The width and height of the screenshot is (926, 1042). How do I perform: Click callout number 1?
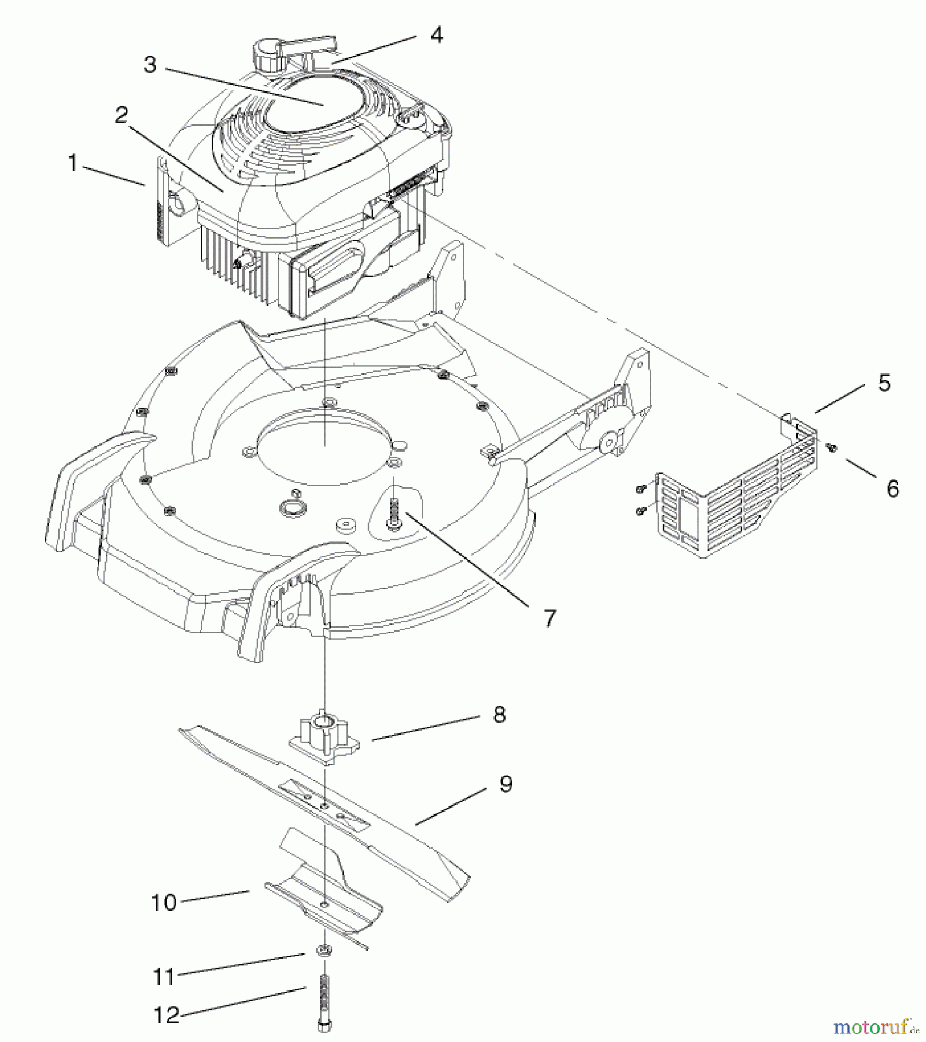pos(72,164)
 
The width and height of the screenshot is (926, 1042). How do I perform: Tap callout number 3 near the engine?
pos(150,65)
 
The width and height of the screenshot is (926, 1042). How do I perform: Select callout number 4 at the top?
pos(437,35)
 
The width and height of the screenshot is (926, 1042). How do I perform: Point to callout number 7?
pos(549,618)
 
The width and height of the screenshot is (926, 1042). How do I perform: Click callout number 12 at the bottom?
pos(167,1015)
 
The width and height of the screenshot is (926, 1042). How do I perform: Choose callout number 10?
pos(164,902)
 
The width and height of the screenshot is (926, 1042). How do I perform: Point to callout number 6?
pos(892,489)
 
